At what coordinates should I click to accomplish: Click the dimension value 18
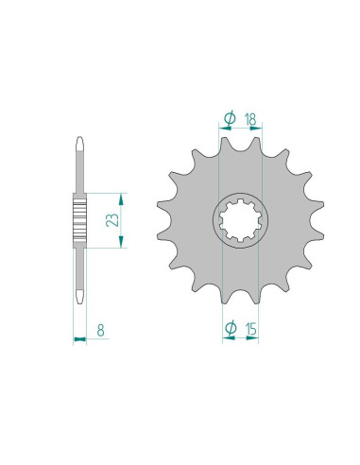point(250,119)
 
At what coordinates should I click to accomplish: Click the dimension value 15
point(251,329)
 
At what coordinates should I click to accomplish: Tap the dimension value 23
point(112,220)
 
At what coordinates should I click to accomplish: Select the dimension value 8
point(100,330)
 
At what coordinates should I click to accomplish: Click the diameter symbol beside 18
point(230,118)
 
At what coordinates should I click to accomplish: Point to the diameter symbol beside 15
point(231,328)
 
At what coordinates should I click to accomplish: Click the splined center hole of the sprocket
point(240,220)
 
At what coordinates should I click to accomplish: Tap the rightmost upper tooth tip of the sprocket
point(321,203)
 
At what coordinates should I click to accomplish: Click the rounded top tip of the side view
point(80,139)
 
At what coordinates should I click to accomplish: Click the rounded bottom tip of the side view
point(80,301)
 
